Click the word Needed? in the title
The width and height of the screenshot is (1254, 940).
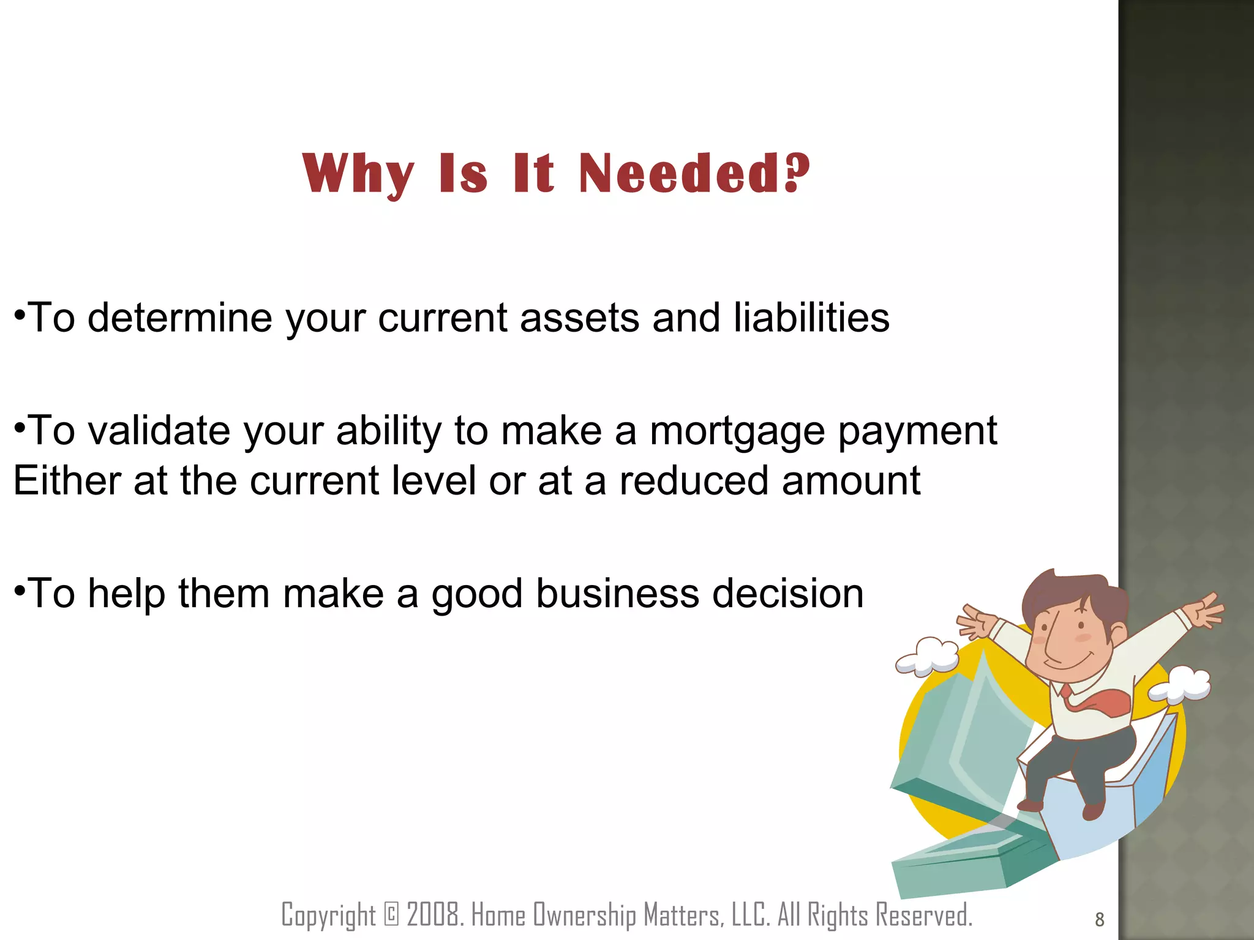(x=694, y=173)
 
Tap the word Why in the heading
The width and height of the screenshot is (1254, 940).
(x=358, y=174)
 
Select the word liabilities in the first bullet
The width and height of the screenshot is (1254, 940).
(x=811, y=318)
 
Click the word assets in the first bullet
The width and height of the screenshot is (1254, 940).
(x=579, y=319)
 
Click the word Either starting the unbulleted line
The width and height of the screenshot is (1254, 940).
(x=67, y=480)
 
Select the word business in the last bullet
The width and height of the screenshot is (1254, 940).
(x=617, y=594)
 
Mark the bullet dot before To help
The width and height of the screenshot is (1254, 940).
(x=20, y=591)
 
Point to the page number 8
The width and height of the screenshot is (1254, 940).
(x=1099, y=919)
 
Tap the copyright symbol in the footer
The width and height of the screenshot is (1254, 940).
(x=391, y=914)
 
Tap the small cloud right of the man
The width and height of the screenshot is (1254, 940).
(x=1180, y=685)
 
